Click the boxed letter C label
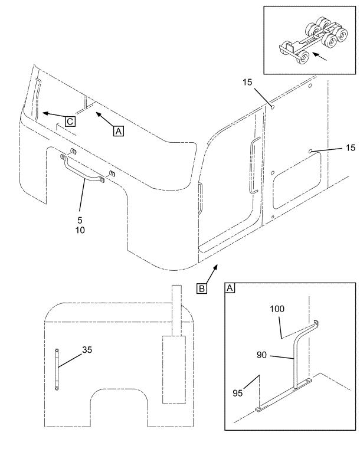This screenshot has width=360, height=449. click(x=70, y=122)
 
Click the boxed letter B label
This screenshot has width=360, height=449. click(x=202, y=289)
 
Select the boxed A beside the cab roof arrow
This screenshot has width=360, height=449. click(x=119, y=132)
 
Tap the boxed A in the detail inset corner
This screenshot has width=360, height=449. click(x=231, y=289)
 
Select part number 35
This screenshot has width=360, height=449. click(x=87, y=349)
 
